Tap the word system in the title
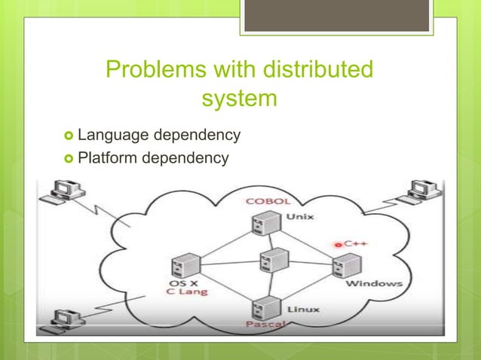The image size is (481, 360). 240,99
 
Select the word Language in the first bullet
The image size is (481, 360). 112,136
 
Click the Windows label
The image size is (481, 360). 373,284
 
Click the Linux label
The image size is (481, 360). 302,309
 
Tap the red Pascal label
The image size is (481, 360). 265,324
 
